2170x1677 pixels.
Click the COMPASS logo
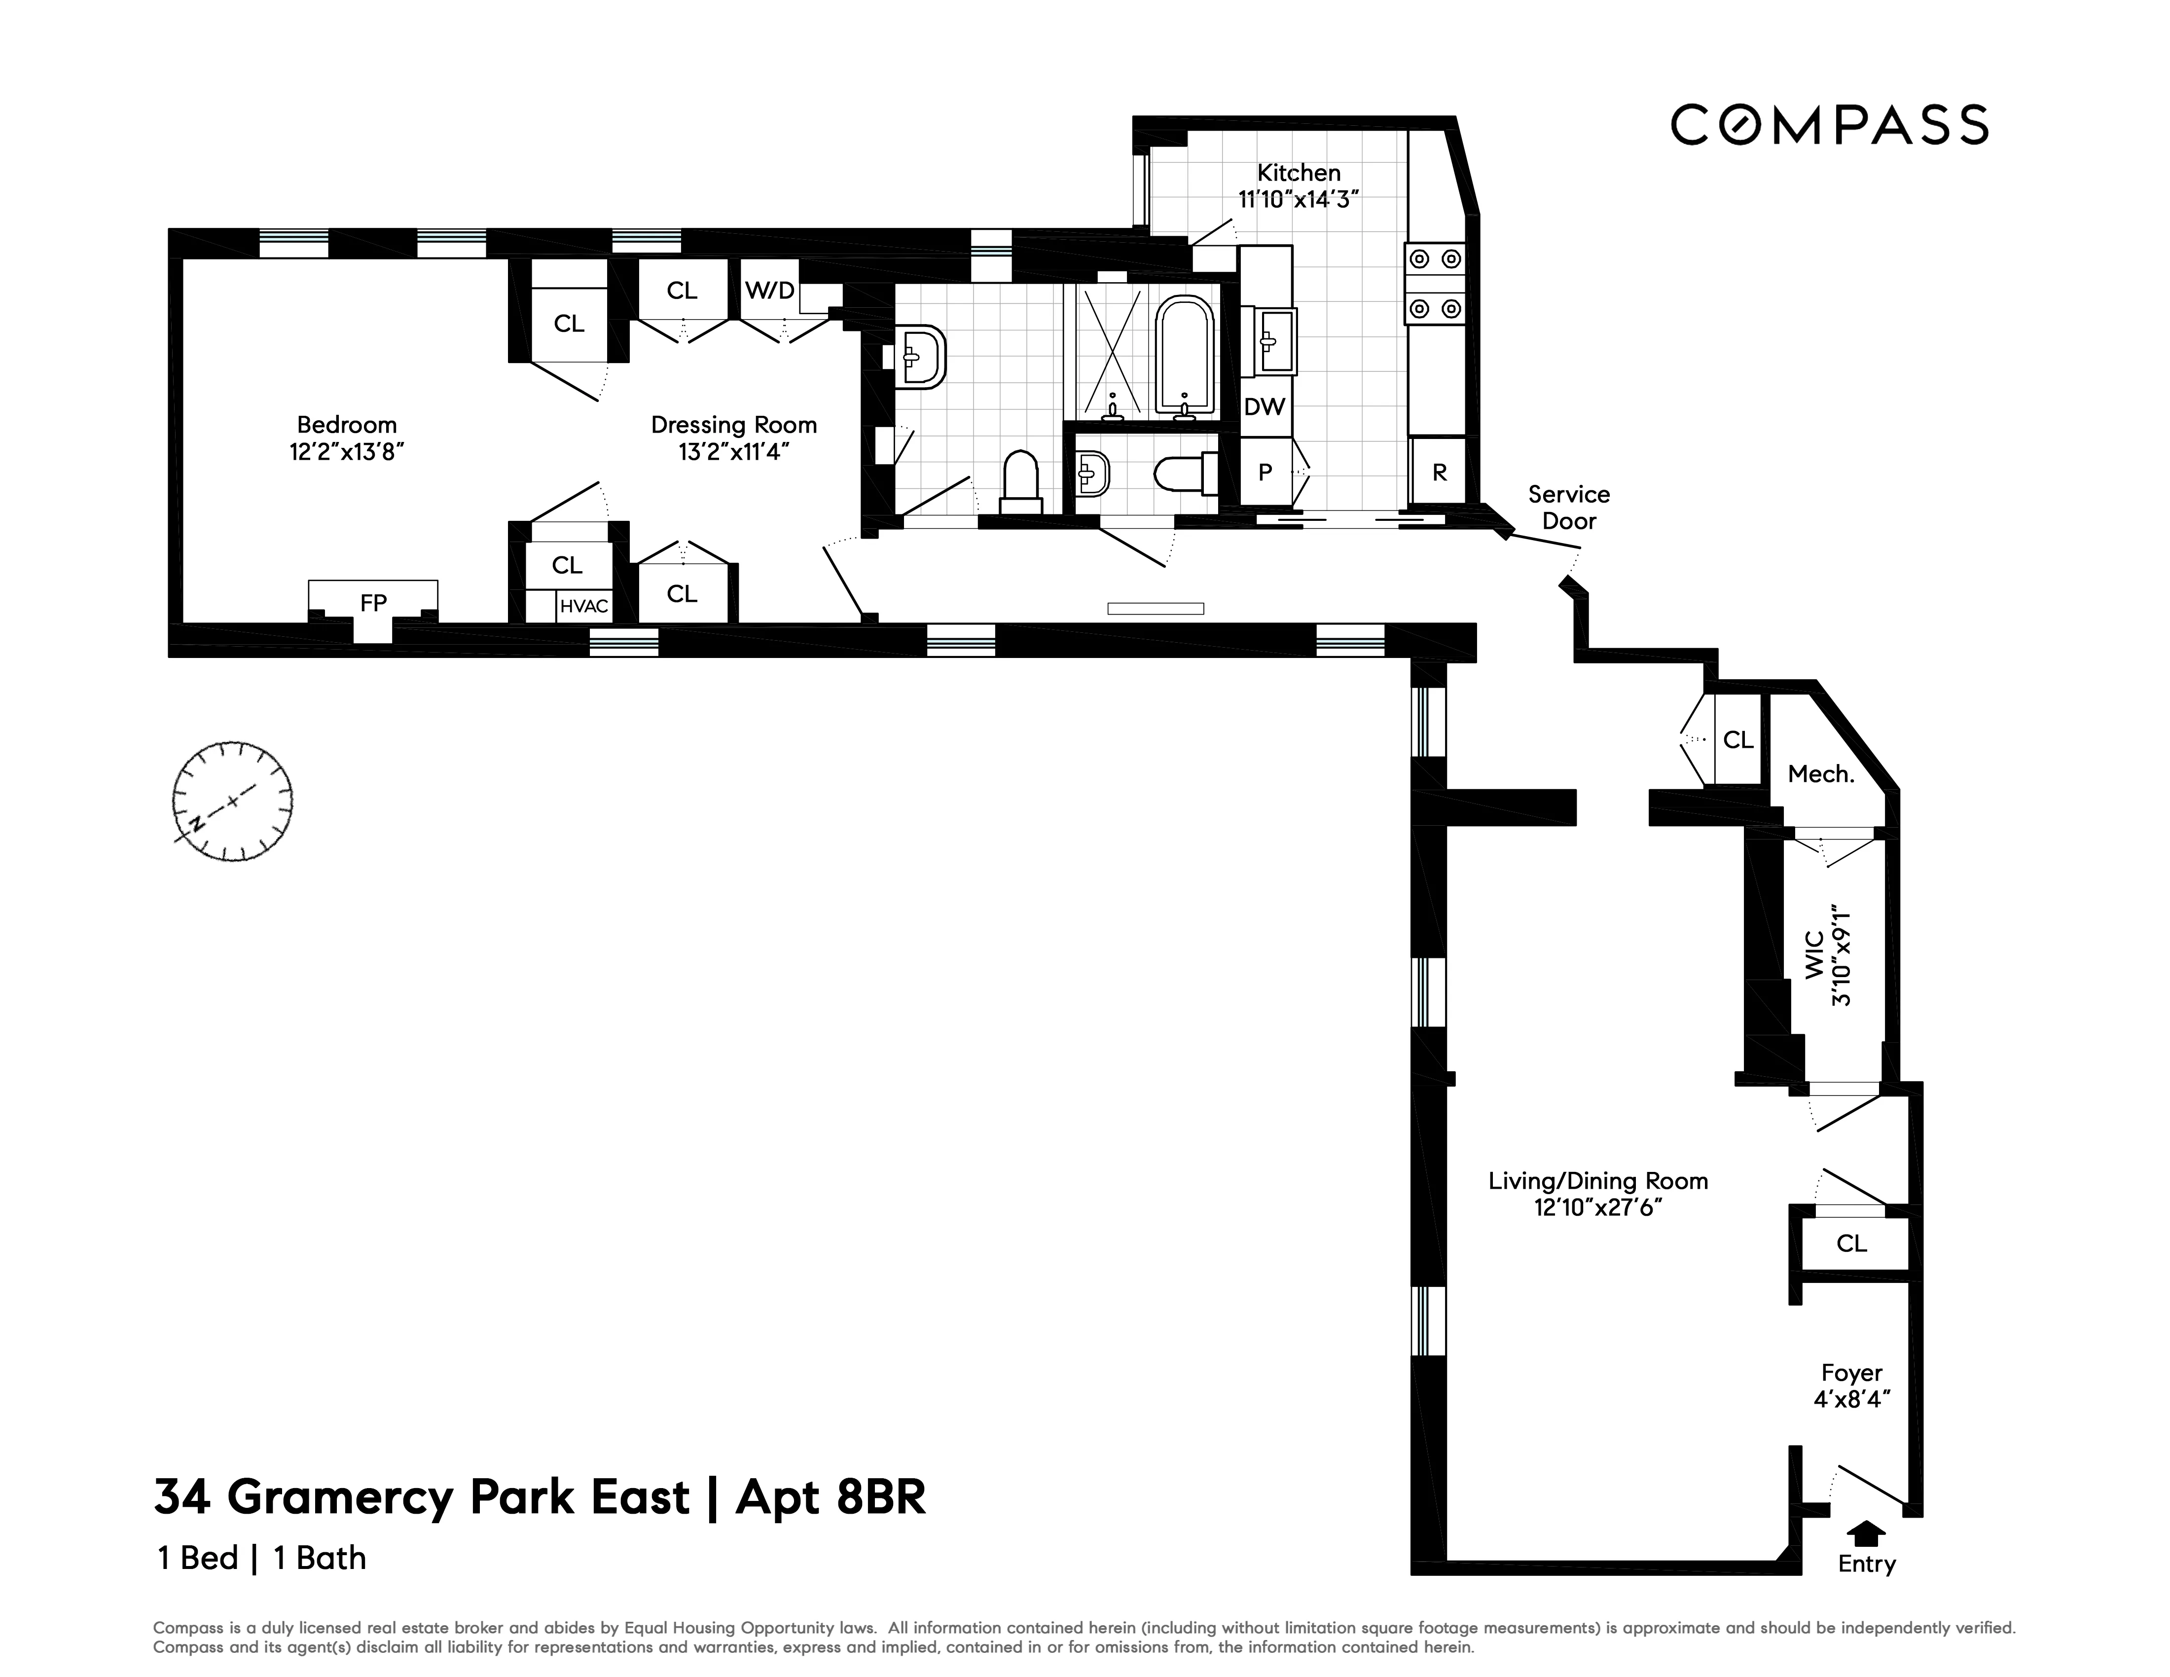pos(1828,125)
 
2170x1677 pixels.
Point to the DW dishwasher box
pos(1265,406)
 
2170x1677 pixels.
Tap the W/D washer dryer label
pos(770,290)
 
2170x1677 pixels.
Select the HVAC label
pos(583,606)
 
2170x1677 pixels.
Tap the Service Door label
pos(1569,508)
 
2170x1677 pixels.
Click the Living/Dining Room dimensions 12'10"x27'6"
pos(1598,1208)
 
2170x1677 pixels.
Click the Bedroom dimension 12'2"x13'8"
pos(347,452)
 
